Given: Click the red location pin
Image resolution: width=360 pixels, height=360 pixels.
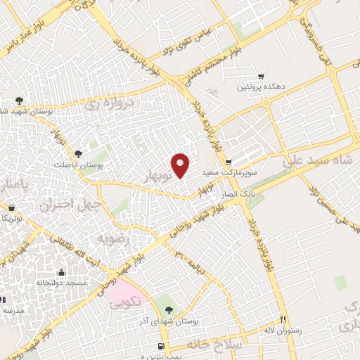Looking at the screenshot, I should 181,165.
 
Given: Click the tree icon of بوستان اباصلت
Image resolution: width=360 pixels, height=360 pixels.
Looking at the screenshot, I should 78,154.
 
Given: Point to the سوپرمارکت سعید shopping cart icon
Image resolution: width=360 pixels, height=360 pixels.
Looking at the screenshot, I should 229,162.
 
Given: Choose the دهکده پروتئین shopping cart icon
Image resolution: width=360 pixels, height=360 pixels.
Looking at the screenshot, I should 262,76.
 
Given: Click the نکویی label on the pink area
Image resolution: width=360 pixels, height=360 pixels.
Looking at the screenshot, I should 127,300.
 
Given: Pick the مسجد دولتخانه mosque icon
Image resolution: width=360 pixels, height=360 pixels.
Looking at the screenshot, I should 61,273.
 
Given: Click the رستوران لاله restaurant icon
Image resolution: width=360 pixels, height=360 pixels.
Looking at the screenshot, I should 284,318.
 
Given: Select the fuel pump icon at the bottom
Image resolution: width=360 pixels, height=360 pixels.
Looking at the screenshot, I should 162,347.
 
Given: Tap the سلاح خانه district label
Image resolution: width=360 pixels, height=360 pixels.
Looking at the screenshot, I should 214,345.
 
